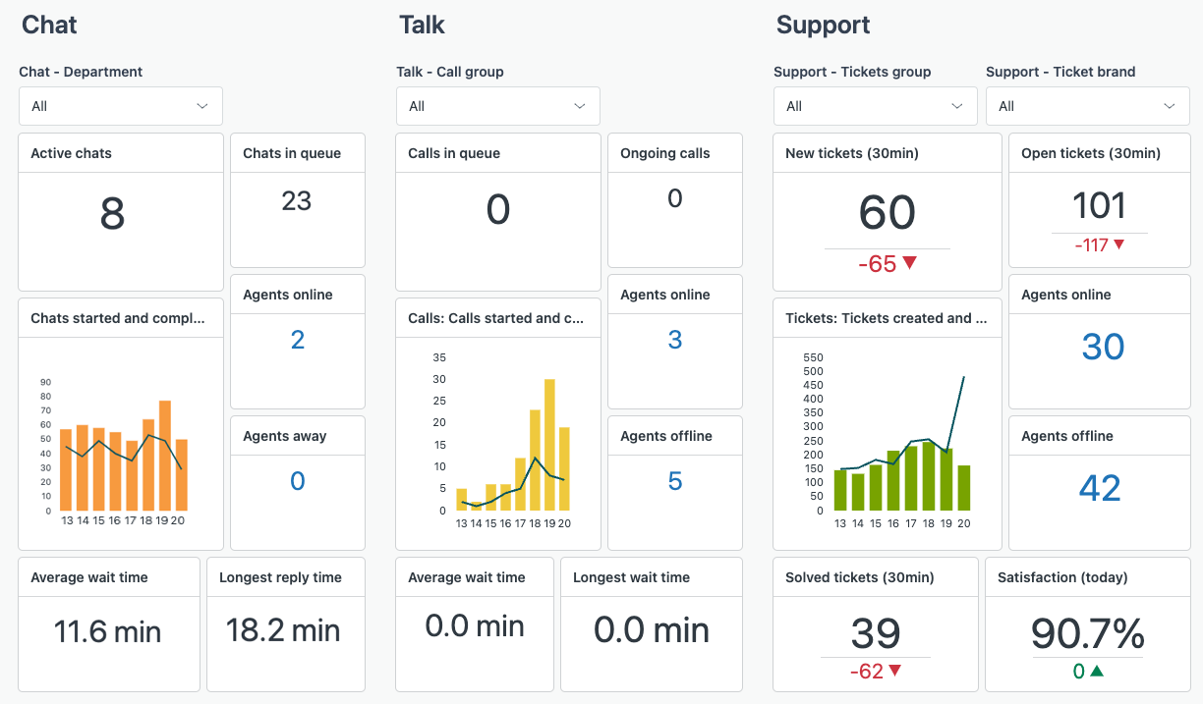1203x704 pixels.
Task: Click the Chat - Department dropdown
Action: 120,106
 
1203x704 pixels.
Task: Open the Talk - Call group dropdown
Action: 497,106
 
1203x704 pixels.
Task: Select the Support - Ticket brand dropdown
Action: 1087,106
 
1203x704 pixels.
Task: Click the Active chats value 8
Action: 112,214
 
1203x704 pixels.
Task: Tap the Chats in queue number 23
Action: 296,201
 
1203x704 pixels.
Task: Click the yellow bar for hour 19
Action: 549,445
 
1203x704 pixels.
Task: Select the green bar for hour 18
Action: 929,475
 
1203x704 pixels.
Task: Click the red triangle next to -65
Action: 909,263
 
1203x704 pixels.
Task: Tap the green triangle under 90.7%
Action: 1097,672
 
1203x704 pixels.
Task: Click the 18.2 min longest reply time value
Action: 283,630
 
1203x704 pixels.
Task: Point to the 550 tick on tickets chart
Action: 813,357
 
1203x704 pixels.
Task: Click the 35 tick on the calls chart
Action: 439,357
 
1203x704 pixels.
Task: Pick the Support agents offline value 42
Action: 1100,488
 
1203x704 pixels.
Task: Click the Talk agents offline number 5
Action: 674,481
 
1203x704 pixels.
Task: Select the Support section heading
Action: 823,25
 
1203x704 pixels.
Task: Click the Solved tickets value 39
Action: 875,634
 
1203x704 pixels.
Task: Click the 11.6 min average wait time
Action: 108,630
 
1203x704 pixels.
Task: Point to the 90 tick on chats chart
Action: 45,383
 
